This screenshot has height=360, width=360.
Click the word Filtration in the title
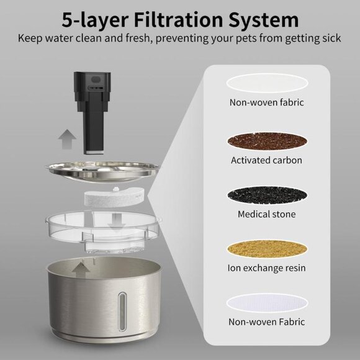point(178,19)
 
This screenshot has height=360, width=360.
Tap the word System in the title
point(263,20)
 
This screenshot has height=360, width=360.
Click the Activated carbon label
point(266,160)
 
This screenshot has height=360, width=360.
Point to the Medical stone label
point(266,214)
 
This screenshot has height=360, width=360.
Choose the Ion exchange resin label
point(266,268)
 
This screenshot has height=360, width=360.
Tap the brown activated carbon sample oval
point(268,141)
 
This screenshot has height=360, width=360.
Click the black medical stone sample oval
point(268,195)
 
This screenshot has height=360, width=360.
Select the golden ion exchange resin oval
point(268,249)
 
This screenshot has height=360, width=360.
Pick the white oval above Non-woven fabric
point(268,83)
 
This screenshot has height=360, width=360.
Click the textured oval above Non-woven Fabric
point(268,303)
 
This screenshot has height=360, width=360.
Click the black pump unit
point(92,113)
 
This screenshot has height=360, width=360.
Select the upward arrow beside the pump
point(67,139)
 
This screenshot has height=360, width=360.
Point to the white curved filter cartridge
point(112,197)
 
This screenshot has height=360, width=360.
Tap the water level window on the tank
point(122,312)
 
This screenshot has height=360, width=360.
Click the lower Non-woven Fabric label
point(266,322)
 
